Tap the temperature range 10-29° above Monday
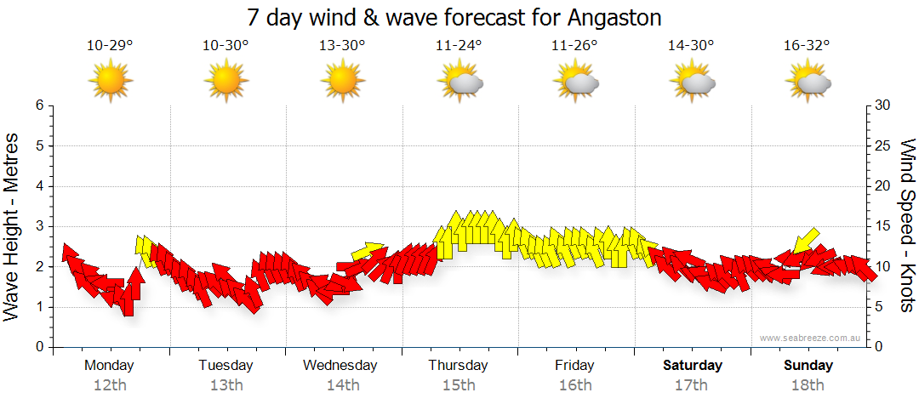pyautogui.click(x=110, y=45)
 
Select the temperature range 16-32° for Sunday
pyautogui.click(x=808, y=45)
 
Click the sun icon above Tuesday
pyautogui.click(x=226, y=81)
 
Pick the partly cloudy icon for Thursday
pyautogui.click(x=459, y=82)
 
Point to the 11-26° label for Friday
pyautogui.click(x=575, y=45)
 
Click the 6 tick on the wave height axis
pyautogui.click(x=39, y=105)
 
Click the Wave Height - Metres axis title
pyautogui.click(x=14, y=226)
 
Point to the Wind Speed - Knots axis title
pyautogui.click(x=907, y=226)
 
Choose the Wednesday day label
pyautogui.click(x=340, y=366)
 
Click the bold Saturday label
pyautogui.click(x=693, y=366)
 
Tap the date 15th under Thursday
pyautogui.click(x=459, y=385)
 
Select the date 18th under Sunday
pyautogui.click(x=808, y=385)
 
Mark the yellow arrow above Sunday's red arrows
pyautogui.click(x=804, y=242)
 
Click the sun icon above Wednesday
pyautogui.click(x=342, y=81)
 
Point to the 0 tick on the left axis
pyautogui.click(x=39, y=347)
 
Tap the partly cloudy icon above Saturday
pyautogui.click(x=692, y=82)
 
